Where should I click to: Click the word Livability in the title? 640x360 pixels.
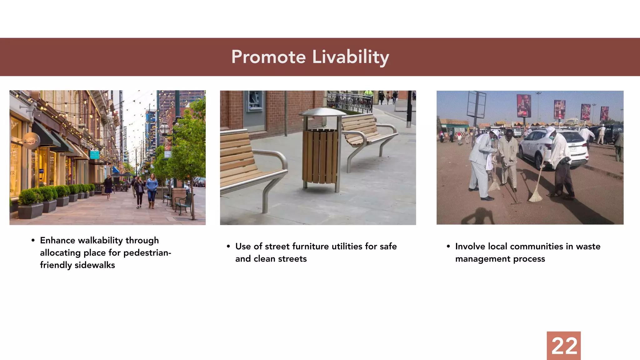(x=350, y=57)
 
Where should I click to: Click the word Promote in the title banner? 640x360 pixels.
(x=268, y=57)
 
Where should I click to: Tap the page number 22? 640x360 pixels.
(x=564, y=346)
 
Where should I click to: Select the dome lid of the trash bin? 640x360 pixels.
(x=322, y=112)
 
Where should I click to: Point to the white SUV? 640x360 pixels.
(x=553, y=147)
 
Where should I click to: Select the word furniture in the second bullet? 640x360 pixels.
(x=311, y=246)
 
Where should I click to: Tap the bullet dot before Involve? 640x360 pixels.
(x=448, y=246)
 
